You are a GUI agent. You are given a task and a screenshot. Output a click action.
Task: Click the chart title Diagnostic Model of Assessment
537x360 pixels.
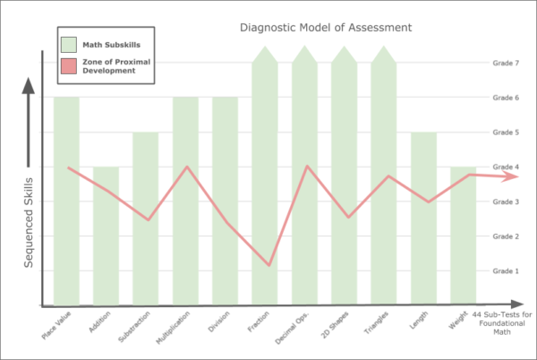click(x=326, y=27)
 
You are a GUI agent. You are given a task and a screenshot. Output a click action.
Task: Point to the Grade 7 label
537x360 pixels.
click(x=506, y=63)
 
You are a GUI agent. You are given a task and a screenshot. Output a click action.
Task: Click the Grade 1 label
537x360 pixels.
click(x=506, y=270)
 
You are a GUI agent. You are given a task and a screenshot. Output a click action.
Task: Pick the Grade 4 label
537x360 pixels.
click(x=506, y=167)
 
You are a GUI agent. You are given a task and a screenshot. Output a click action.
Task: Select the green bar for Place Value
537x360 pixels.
click(x=66, y=233)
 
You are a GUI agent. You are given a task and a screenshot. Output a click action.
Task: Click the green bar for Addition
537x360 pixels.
click(x=106, y=251)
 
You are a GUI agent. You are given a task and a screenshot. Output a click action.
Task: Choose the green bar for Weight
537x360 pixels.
click(x=463, y=251)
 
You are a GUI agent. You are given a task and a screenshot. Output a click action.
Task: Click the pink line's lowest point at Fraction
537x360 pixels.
click(x=268, y=265)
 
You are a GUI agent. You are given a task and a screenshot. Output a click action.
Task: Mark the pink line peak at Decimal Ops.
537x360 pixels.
click(x=307, y=166)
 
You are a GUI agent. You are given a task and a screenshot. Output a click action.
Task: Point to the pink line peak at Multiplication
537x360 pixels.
click(x=186, y=167)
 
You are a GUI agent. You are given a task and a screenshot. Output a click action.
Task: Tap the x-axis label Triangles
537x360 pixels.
click(x=376, y=323)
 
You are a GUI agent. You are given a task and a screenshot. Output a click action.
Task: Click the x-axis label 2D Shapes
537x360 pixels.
click(x=337, y=323)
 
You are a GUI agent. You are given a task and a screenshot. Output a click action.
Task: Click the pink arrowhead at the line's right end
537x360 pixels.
click(x=510, y=176)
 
